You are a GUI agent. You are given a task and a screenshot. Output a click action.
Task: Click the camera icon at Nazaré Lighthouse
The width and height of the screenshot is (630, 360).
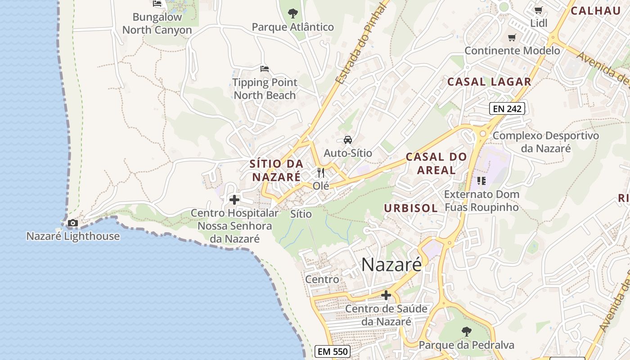tap(72, 223)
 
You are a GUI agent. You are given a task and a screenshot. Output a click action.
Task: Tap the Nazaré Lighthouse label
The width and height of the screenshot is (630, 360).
tap(73, 236)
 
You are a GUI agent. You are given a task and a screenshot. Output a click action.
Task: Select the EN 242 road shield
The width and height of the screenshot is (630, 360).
tap(507, 108)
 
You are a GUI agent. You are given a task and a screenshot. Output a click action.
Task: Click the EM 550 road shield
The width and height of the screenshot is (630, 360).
tap(332, 351)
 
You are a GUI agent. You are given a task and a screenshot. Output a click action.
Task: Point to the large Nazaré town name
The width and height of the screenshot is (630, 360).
tap(391, 265)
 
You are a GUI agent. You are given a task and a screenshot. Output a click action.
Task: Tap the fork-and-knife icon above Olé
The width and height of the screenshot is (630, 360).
tap(321, 172)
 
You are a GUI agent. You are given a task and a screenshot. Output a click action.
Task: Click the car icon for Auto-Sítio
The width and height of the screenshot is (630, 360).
tap(348, 140)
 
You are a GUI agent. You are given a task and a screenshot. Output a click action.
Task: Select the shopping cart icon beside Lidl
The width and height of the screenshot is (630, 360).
tap(538, 10)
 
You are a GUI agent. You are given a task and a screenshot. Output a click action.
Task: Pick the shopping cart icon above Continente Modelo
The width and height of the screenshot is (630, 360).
tap(512, 38)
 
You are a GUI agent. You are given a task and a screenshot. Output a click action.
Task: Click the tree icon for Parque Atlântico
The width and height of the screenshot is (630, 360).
tap(293, 13)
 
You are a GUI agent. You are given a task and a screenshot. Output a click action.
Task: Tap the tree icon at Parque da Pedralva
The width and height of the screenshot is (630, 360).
tap(467, 332)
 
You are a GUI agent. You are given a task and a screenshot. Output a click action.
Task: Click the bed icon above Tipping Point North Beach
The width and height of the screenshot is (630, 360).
tap(265, 69)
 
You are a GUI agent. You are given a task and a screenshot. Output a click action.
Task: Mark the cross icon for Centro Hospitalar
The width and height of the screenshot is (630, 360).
tap(234, 199)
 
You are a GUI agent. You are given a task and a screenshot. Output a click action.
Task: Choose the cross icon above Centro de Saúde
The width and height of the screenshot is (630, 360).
tap(386, 295)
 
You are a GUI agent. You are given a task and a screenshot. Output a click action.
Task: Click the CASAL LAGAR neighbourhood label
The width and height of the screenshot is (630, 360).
tap(489, 82)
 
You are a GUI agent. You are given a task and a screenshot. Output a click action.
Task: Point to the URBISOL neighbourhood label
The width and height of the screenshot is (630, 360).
tap(411, 208)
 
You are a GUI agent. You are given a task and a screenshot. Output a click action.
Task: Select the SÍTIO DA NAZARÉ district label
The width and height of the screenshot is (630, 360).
tap(276, 170)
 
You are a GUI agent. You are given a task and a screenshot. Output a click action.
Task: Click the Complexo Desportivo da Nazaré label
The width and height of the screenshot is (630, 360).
tap(546, 142)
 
